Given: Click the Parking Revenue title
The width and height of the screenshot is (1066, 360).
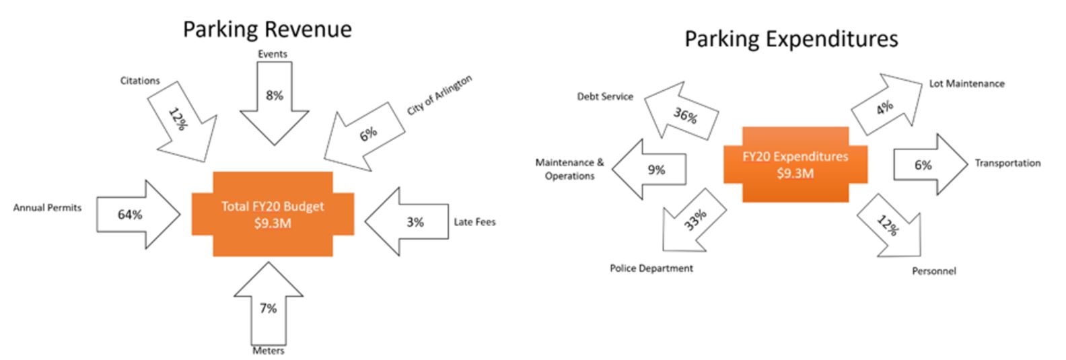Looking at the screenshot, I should tap(267, 30).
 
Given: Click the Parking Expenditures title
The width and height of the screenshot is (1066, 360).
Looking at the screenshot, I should tap(791, 39).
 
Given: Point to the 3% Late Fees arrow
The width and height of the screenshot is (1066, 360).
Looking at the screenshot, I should tap(410, 221).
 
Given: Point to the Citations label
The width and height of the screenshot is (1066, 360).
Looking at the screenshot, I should tap(140, 81).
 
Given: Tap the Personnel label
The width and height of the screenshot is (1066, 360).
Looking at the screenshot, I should tap(933, 271).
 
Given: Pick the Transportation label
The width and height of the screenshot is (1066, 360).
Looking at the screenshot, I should tap(1007, 163).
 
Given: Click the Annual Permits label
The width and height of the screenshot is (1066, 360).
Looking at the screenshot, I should tap(47, 208).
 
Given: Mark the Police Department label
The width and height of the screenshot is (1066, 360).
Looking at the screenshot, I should tap(651, 268).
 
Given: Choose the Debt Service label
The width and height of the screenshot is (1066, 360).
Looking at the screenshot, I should tap(605, 96).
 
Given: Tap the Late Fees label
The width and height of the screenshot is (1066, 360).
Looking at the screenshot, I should tap(474, 221).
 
